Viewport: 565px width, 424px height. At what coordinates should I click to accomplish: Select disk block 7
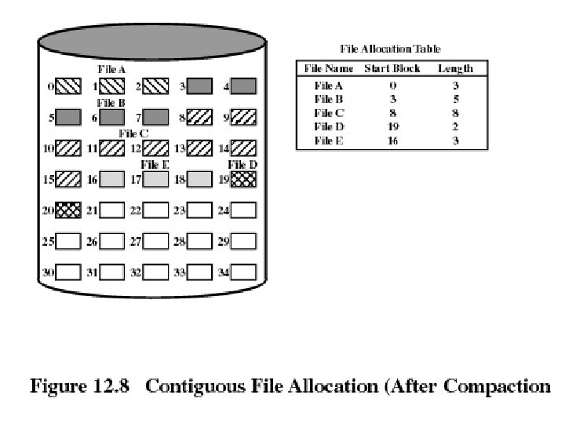(x=156, y=118)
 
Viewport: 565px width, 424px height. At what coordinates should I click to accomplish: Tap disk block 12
(x=156, y=148)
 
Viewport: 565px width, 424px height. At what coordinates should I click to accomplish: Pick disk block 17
(x=156, y=179)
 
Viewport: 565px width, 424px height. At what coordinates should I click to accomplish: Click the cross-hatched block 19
(x=243, y=179)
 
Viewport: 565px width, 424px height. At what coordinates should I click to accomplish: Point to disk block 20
(x=68, y=210)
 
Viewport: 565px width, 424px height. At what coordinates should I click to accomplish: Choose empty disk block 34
(x=243, y=272)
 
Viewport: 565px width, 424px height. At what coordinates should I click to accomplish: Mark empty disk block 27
(x=156, y=241)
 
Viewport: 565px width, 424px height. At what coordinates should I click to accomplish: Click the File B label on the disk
(x=111, y=103)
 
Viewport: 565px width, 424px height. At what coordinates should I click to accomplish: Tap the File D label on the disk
(x=242, y=165)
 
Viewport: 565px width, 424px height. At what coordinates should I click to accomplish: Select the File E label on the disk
(x=155, y=165)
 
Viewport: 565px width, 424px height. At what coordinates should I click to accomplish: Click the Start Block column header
(x=392, y=68)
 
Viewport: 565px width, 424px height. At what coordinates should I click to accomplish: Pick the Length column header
(x=455, y=68)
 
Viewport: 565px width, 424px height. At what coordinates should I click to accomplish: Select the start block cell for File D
(x=392, y=126)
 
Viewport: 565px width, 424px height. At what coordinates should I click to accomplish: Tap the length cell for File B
(x=455, y=99)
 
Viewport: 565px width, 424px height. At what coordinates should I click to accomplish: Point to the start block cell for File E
(x=392, y=140)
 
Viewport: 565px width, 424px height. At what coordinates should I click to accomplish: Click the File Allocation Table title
(x=389, y=49)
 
